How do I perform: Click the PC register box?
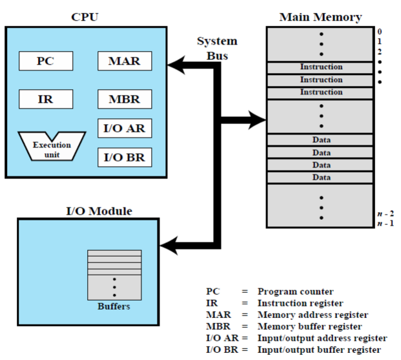[45, 61]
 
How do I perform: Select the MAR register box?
[124, 61]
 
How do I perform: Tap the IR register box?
[45, 100]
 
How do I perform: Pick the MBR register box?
[124, 100]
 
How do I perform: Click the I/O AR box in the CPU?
[124, 129]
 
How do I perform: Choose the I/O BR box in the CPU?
[124, 156]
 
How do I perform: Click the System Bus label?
[217, 48]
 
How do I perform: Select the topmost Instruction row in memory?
[321, 67]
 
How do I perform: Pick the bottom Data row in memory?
[321, 177]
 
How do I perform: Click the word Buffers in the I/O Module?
[114, 306]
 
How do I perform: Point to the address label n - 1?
[385, 224]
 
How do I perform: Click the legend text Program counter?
[296, 291]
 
